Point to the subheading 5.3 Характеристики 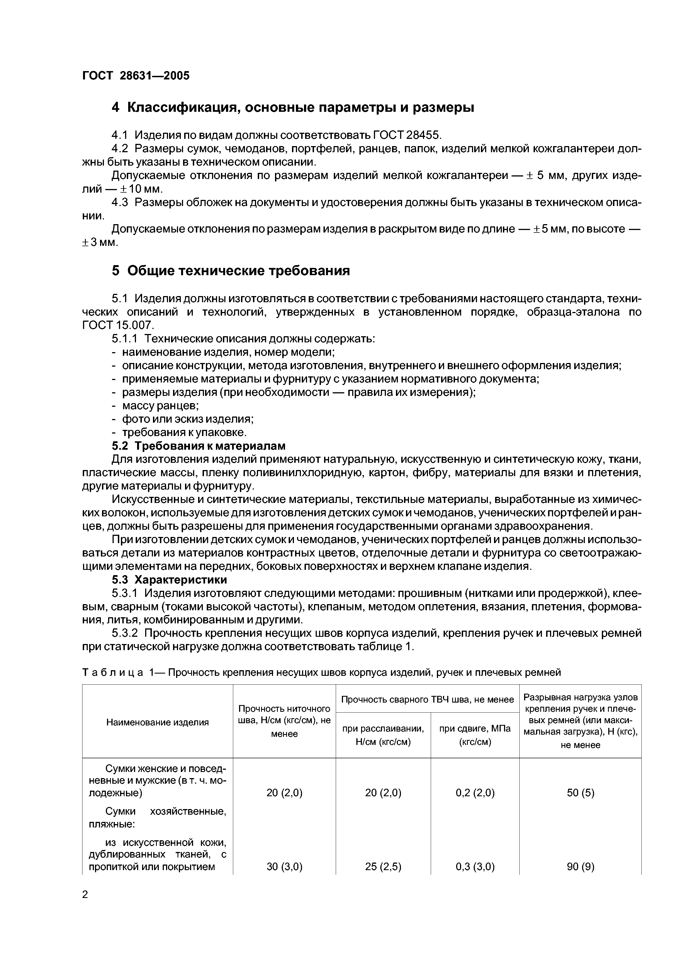point(169,579)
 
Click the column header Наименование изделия point(157,722)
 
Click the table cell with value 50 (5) point(580,792)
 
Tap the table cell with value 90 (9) point(580,866)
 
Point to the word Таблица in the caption point(112,672)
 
